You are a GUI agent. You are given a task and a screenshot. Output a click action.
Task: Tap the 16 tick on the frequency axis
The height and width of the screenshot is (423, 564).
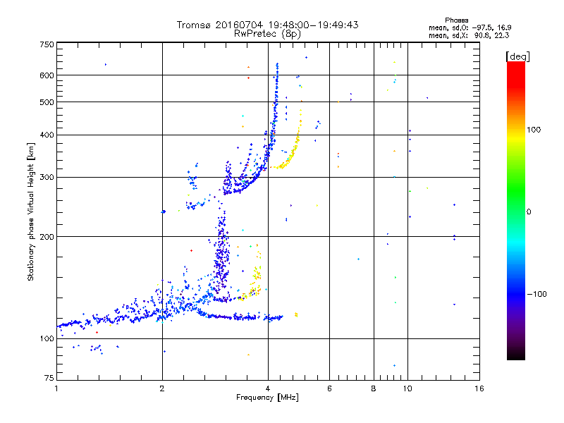coord(479,388)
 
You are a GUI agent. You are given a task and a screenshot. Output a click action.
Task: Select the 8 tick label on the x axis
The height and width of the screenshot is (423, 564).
coord(374,388)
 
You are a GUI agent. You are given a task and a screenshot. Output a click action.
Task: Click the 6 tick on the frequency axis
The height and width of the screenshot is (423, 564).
coord(329,388)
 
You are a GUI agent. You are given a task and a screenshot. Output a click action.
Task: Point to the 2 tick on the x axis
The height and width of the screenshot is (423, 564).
coord(162,388)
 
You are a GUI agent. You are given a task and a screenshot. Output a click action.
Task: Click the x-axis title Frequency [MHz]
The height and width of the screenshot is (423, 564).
coord(267,398)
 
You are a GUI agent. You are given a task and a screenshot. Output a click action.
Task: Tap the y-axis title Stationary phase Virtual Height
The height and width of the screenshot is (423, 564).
coord(32,212)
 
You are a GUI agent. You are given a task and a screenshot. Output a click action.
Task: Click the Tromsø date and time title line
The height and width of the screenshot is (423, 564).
coord(267,25)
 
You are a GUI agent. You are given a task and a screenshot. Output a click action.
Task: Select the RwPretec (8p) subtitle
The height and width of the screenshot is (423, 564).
coord(267,33)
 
